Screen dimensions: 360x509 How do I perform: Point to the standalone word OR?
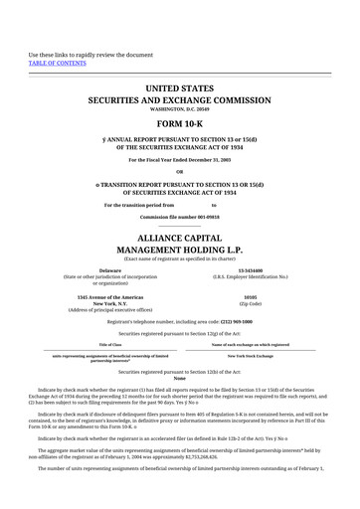tap(180, 168)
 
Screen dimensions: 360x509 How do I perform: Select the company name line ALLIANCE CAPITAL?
tap(180, 239)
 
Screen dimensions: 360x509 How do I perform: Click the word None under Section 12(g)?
tap(180, 378)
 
